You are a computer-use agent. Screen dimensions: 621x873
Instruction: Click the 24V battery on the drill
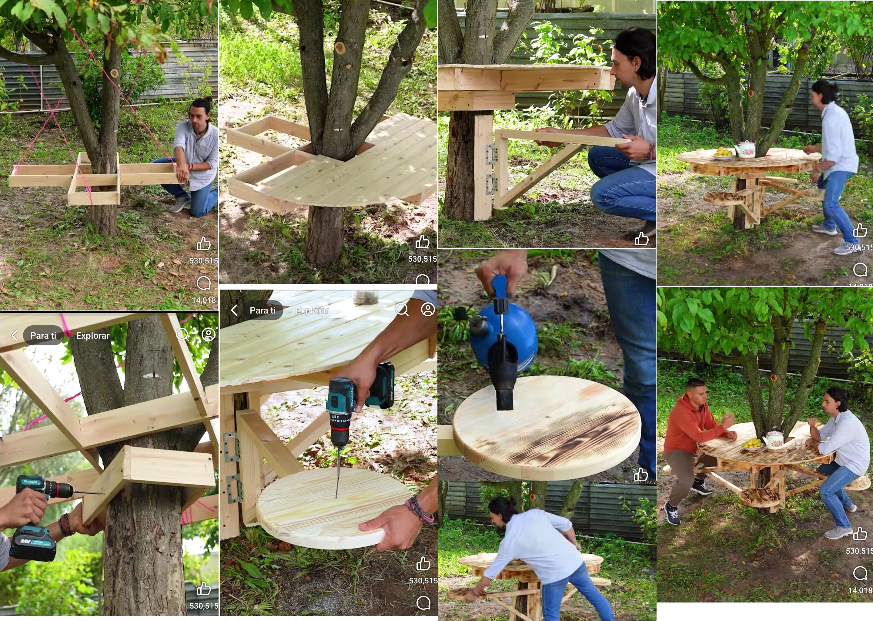[x=32, y=543]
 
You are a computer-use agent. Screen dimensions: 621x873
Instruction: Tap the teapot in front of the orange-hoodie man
[x=774, y=440]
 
